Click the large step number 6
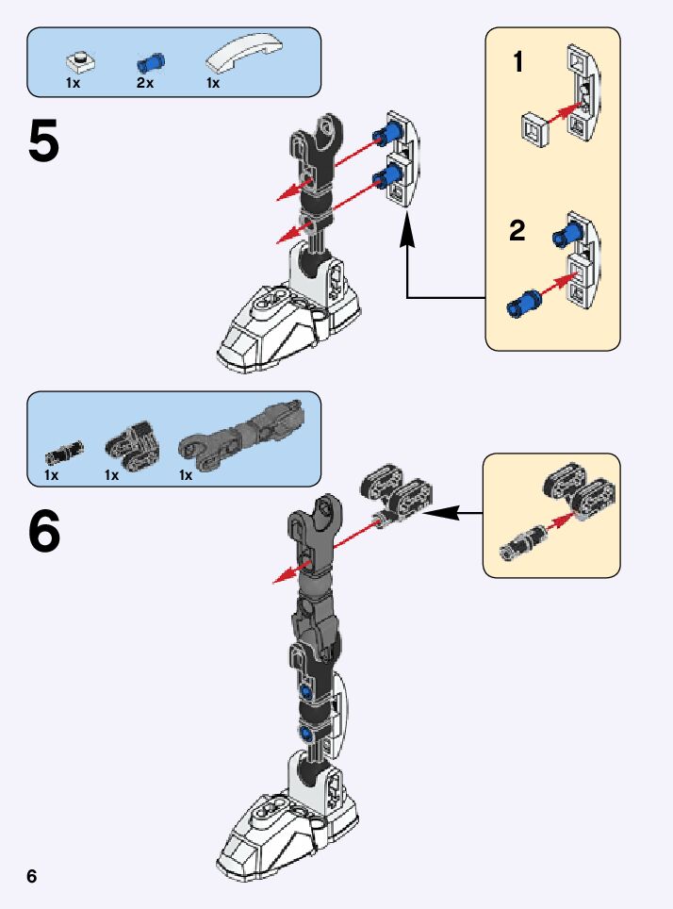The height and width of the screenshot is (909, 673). pyautogui.click(x=44, y=533)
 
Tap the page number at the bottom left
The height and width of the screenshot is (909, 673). pyautogui.click(x=32, y=876)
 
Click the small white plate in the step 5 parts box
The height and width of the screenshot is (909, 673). pyautogui.click(x=80, y=62)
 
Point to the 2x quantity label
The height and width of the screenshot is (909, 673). pyautogui.click(x=144, y=84)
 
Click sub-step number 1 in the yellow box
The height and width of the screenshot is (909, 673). pyautogui.click(x=517, y=63)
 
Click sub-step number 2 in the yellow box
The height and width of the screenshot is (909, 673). pyautogui.click(x=517, y=231)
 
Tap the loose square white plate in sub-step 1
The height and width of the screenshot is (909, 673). pyautogui.click(x=534, y=128)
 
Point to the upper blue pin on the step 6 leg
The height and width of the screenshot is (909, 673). pyautogui.click(x=306, y=692)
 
